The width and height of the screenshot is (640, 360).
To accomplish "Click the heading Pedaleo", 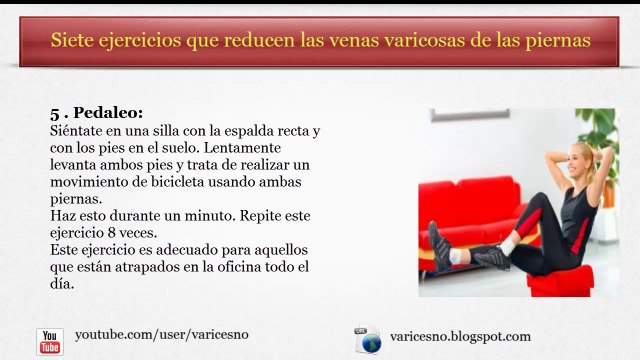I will [x=107, y=113].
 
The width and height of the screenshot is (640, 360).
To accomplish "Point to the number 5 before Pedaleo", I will [x=54, y=113].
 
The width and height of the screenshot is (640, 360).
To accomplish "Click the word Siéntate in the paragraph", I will [x=78, y=131].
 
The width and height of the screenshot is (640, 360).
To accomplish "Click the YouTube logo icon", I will [x=50, y=341].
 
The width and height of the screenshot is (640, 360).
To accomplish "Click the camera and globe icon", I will [x=368, y=340].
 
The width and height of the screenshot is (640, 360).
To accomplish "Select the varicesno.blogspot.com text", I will [x=460, y=336].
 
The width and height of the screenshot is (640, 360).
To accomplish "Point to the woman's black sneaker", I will [x=439, y=243].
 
